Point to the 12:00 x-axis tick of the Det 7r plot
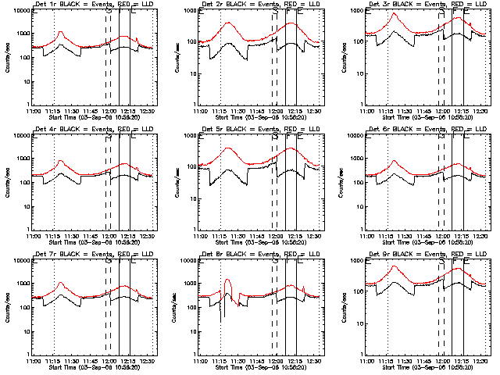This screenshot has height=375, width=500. point(110,362)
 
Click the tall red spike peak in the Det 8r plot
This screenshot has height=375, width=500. point(227,280)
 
